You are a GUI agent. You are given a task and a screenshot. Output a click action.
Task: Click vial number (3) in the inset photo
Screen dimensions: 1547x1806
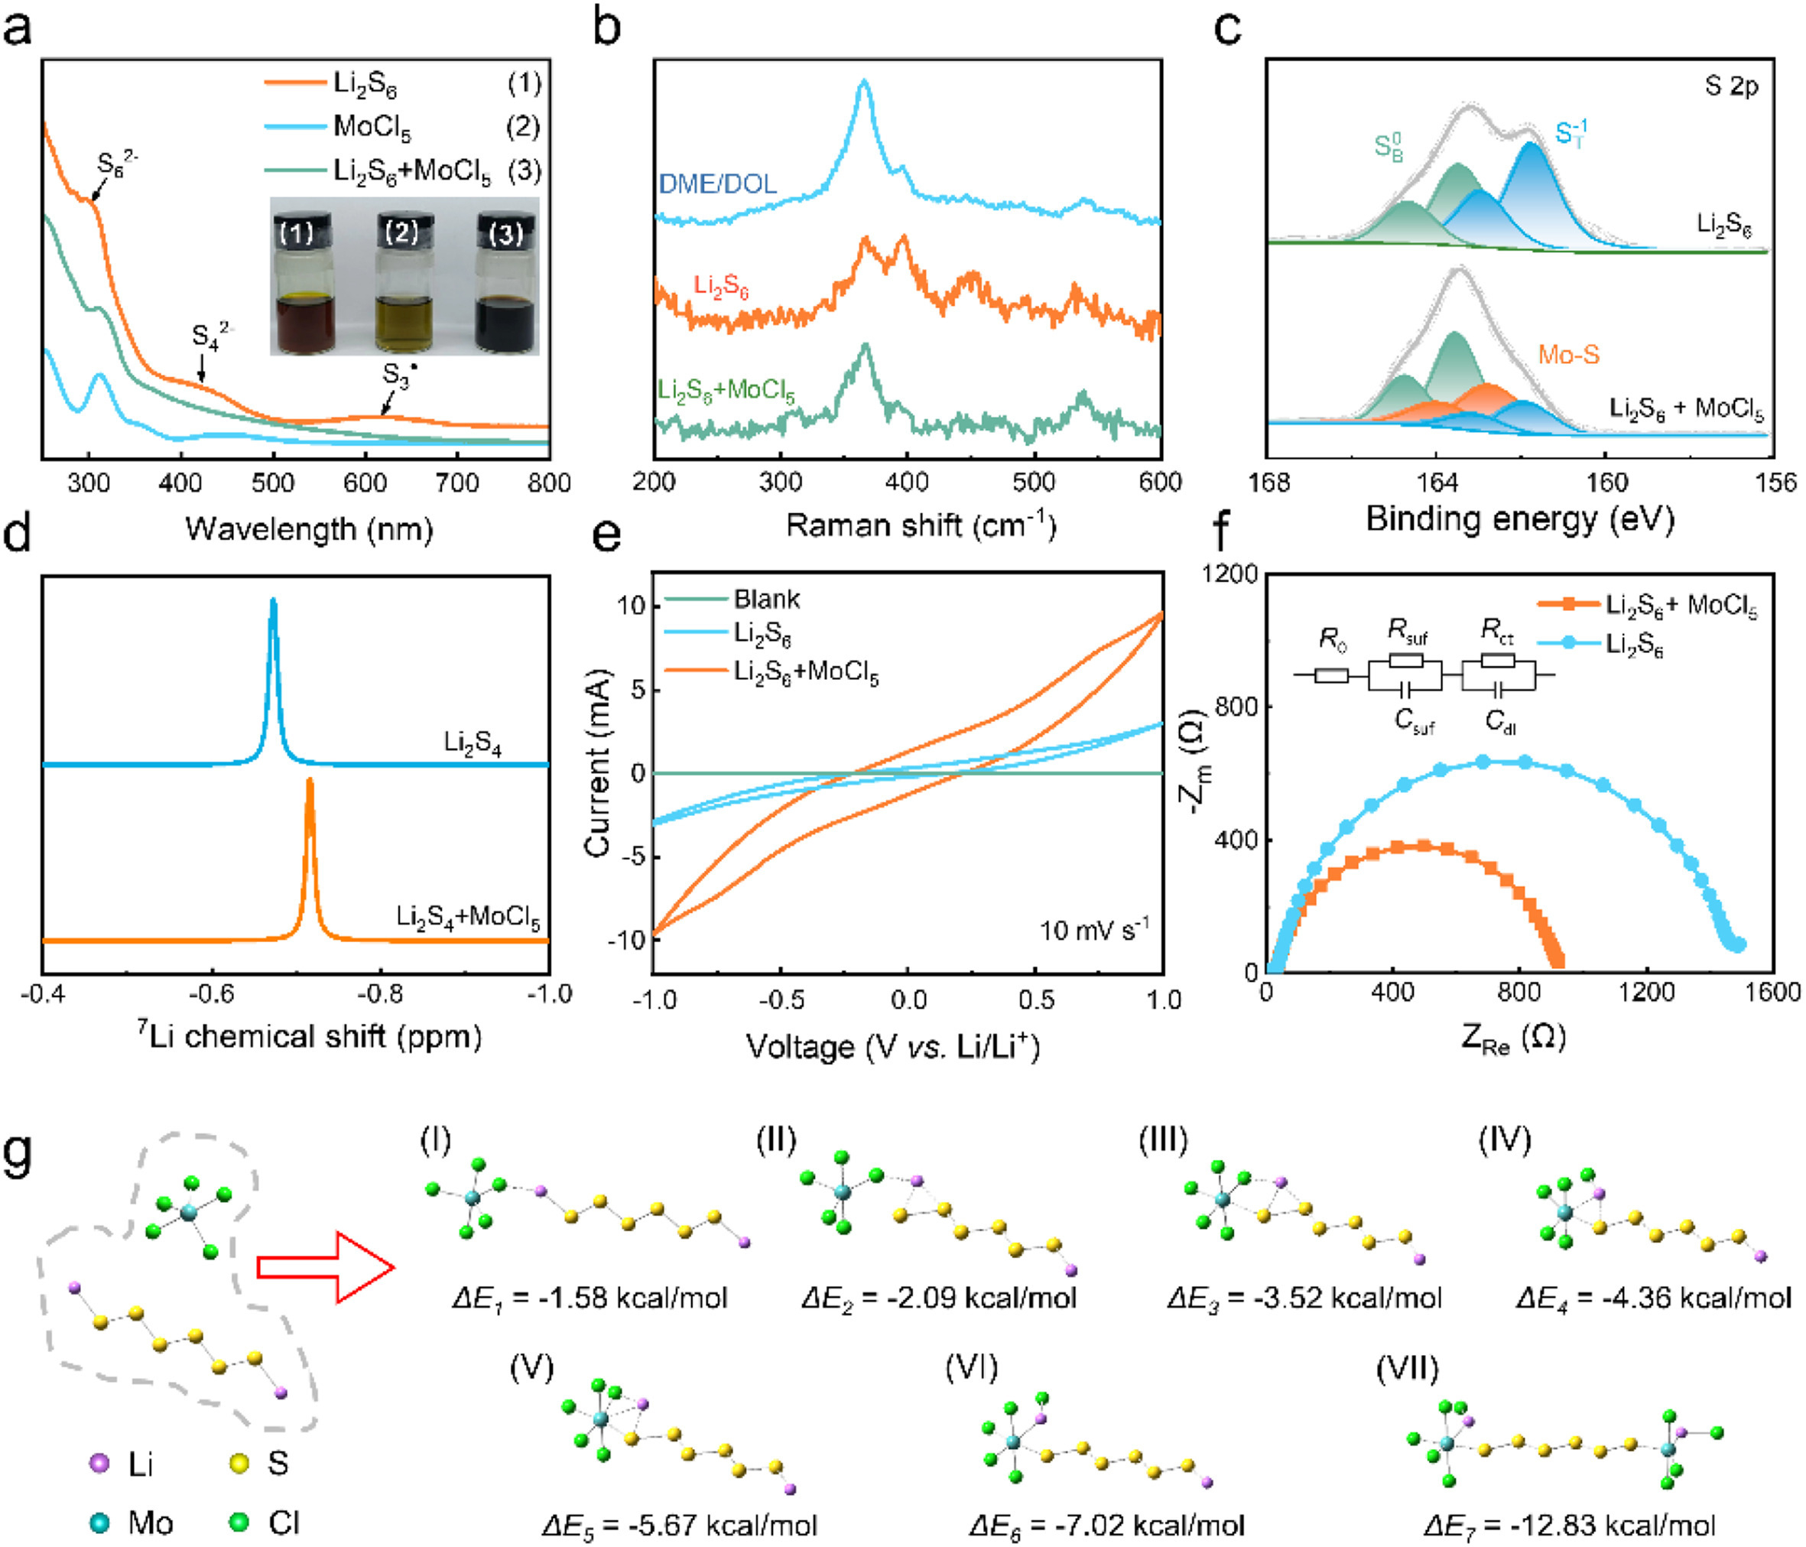point(505,288)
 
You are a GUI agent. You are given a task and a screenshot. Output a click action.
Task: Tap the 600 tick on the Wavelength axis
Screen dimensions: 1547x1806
point(365,482)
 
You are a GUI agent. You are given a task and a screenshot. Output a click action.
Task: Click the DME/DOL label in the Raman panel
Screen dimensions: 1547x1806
point(717,184)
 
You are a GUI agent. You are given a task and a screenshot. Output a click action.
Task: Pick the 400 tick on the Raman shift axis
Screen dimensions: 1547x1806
point(907,482)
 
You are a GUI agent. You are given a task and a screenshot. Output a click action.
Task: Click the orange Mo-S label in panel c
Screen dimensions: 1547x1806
point(1568,355)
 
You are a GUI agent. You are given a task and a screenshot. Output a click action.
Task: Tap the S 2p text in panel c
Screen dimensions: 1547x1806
point(1731,86)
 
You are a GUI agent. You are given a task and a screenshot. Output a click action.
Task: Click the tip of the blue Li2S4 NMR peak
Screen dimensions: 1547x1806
point(274,600)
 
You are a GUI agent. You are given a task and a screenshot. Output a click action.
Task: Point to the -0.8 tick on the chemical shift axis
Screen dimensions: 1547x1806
point(380,993)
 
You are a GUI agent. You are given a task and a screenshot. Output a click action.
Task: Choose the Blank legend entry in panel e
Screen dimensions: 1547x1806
point(766,599)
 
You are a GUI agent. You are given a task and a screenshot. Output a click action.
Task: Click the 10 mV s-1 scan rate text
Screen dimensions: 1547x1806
point(1094,930)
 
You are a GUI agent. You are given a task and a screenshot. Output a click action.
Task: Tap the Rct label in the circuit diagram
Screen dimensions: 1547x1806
point(1496,630)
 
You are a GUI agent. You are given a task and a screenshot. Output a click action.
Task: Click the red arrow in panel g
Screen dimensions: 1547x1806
point(326,1267)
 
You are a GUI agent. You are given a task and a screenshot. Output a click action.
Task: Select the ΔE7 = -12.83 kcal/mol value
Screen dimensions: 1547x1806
point(1569,1526)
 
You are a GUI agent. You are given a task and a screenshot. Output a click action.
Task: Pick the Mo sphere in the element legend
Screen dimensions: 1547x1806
point(100,1523)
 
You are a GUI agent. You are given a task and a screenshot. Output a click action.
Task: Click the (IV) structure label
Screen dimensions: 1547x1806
point(1505,1140)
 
